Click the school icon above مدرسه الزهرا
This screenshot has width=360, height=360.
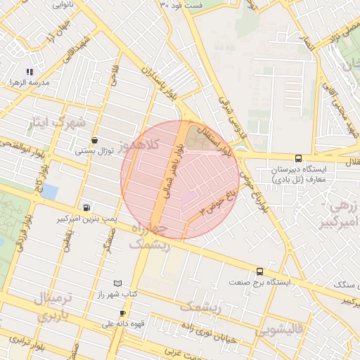[30, 72]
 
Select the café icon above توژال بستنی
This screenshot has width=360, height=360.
[94, 140]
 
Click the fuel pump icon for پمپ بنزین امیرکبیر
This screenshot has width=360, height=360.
[86, 207]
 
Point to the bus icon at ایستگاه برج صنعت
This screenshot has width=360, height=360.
[259, 271]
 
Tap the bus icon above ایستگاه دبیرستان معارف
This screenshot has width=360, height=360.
[298, 159]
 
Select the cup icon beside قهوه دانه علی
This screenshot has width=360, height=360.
[124, 314]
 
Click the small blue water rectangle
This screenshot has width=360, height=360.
[50, 191]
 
